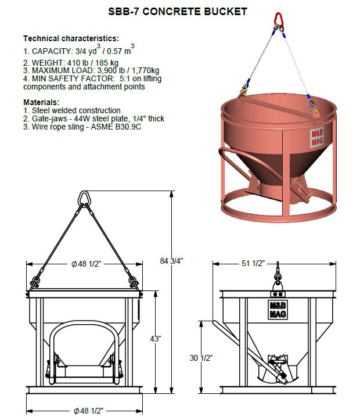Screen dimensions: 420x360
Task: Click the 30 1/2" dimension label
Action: tap(201, 358)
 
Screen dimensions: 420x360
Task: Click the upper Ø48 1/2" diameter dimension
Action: tap(87, 264)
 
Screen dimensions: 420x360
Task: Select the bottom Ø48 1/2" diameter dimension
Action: tap(87, 411)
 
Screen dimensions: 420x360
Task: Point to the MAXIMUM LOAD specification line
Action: tap(88, 71)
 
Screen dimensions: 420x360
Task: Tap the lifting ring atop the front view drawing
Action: tap(84, 197)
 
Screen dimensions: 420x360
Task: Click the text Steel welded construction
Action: tap(72, 110)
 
